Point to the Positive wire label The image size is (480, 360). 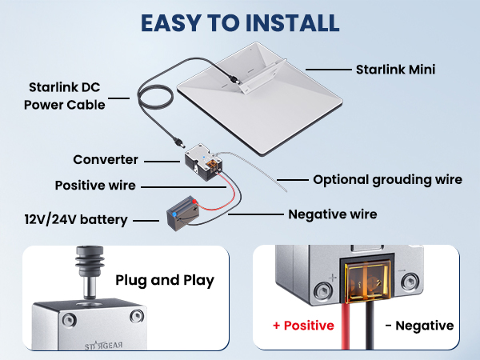[x=94, y=185]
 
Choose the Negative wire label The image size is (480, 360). [x=332, y=214]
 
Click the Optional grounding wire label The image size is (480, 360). [x=387, y=179]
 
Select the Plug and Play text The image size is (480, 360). [x=165, y=280]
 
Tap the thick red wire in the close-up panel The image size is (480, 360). [x=350, y=332]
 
